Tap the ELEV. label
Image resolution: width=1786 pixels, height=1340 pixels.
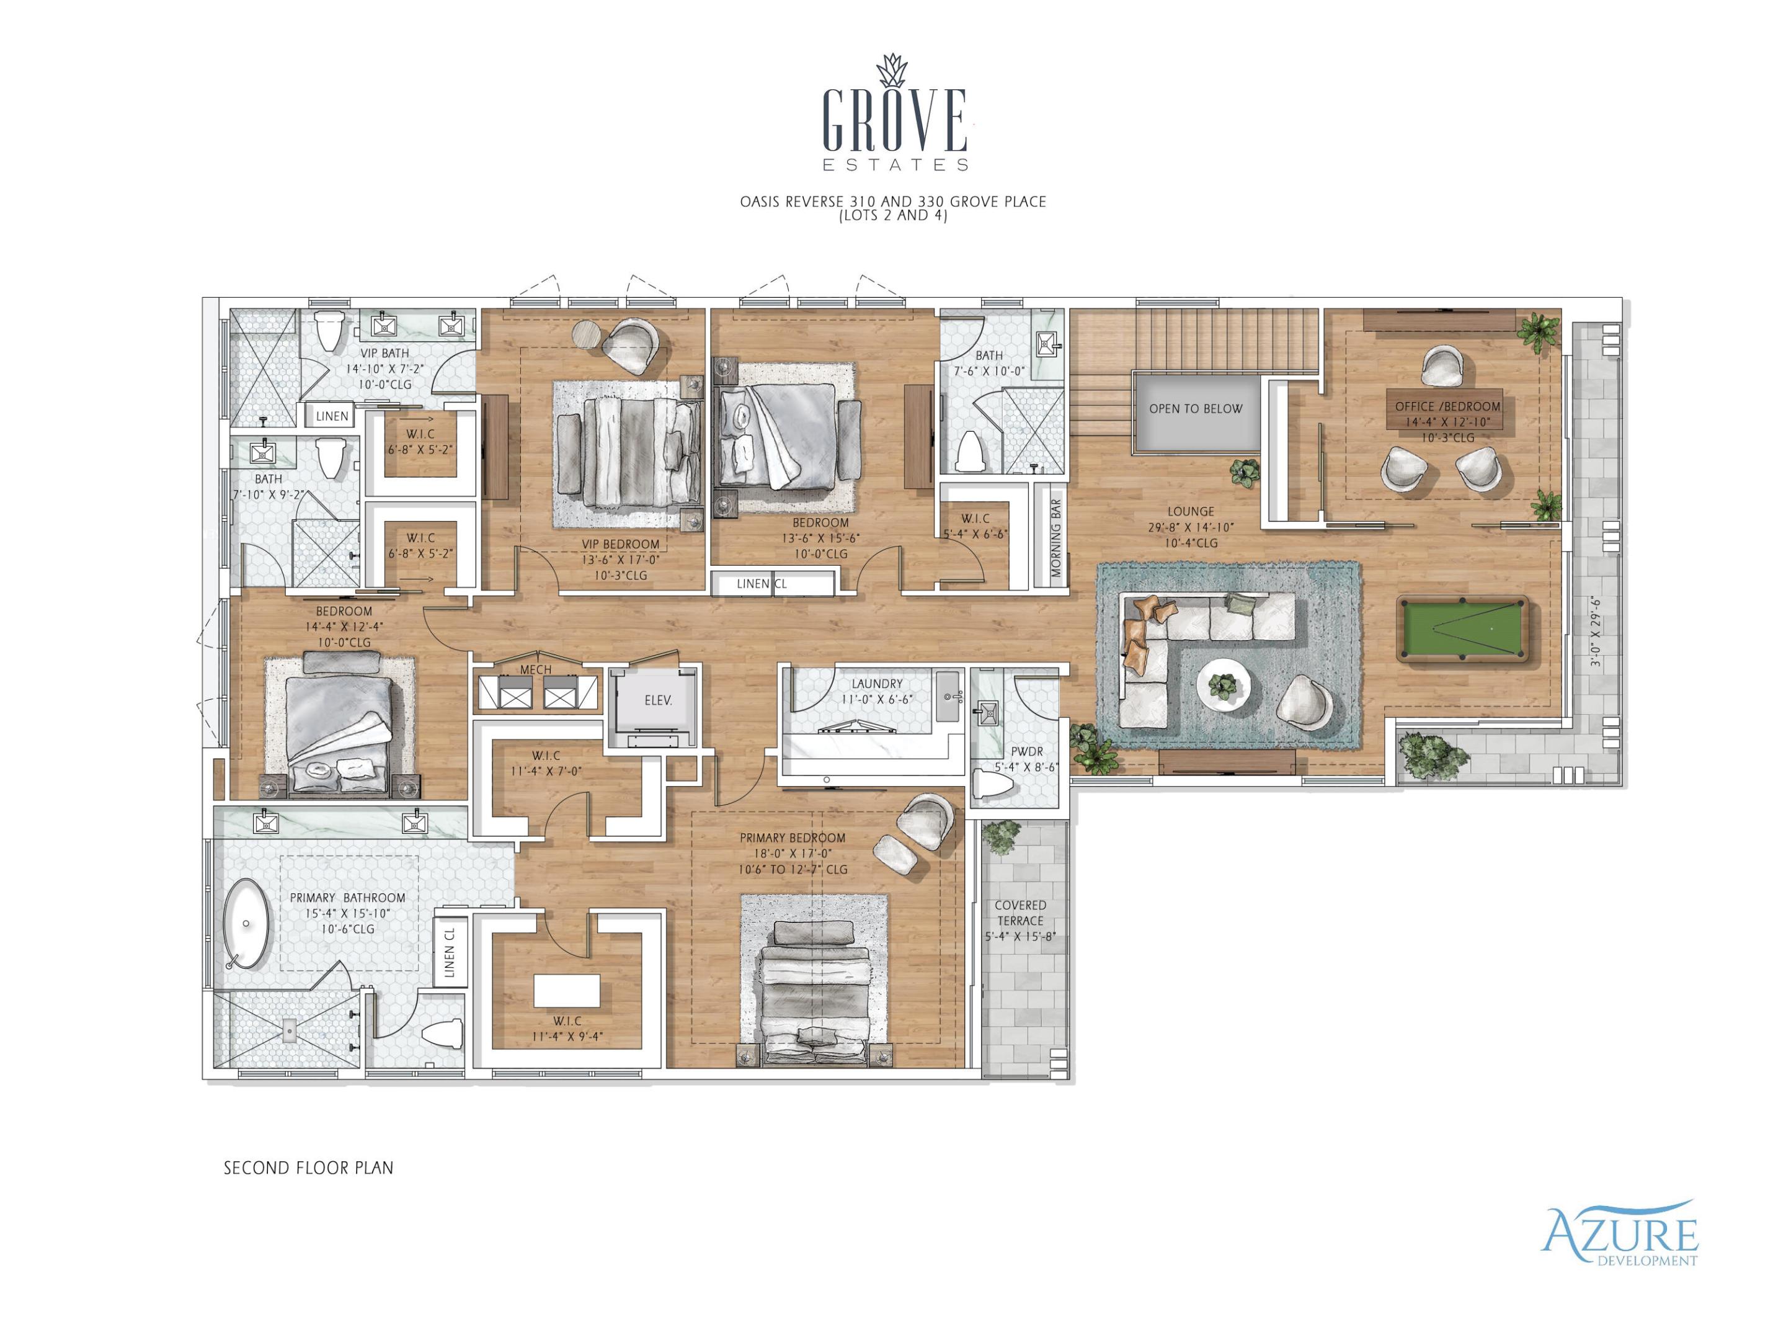point(658,700)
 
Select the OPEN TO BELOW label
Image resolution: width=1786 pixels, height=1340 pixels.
point(1195,409)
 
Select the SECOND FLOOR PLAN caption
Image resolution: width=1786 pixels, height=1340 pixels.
point(308,1168)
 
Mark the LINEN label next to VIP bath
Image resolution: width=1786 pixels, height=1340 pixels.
point(331,417)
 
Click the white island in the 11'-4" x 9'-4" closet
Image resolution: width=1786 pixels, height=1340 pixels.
point(567,989)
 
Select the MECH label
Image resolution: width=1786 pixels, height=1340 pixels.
point(535,669)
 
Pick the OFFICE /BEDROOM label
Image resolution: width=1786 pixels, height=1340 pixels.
point(1447,406)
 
